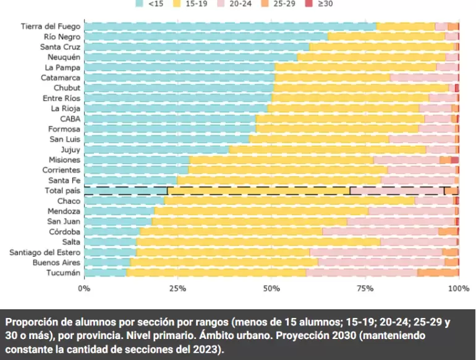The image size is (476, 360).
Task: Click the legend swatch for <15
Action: click(140, 3)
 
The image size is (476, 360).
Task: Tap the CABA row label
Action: click(70, 119)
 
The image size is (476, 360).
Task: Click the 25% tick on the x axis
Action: click(177, 288)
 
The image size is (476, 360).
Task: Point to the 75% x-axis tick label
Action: click(365, 288)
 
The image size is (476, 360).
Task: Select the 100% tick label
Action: click(458, 288)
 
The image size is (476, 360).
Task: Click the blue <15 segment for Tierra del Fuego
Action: click(229, 27)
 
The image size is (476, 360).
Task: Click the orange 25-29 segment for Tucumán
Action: click(438, 273)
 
